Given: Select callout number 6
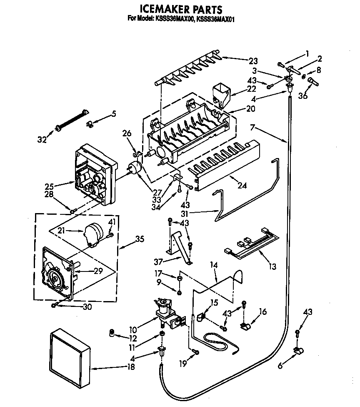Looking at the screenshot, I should point(280,366).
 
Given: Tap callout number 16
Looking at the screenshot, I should point(262,312).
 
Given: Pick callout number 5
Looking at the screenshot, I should point(113,114).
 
